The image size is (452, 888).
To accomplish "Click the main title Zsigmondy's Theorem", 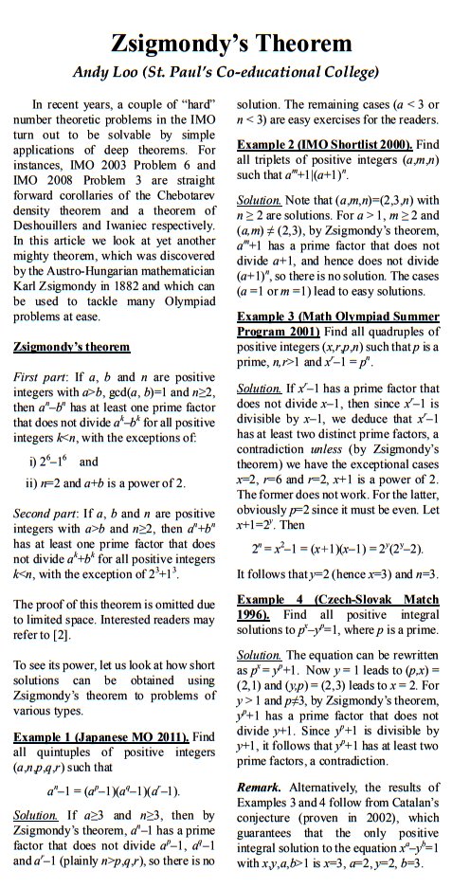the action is [x=226, y=44].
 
